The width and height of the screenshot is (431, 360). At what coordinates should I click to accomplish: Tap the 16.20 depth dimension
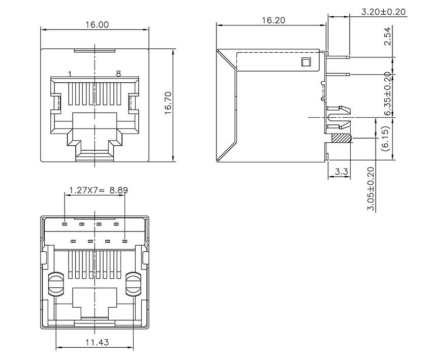click(x=273, y=20)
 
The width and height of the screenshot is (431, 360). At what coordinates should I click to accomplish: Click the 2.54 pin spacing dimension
click(x=387, y=37)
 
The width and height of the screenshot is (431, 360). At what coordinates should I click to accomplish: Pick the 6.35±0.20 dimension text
click(x=387, y=94)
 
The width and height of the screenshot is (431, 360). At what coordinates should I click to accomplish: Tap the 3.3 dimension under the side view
click(x=342, y=172)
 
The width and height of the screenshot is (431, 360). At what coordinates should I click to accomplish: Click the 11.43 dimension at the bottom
click(x=97, y=342)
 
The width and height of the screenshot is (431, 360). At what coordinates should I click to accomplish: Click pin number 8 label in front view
click(x=118, y=74)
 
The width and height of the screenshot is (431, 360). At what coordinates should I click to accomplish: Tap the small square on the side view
click(x=305, y=62)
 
